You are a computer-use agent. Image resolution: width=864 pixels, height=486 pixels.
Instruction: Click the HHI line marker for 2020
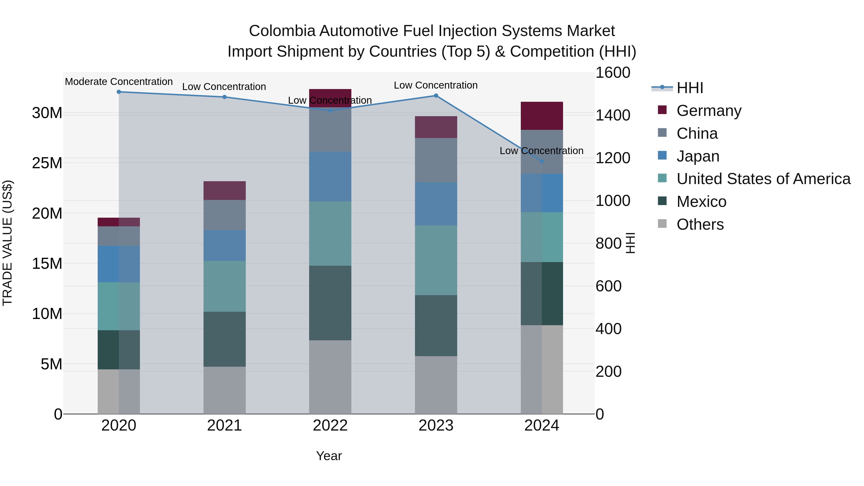[119, 92]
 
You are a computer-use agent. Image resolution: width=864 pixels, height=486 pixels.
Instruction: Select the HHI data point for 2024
[541, 161]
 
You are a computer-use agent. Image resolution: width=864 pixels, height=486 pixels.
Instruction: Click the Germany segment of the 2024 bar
[541, 116]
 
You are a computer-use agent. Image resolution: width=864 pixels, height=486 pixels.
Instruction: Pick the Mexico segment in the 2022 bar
[330, 303]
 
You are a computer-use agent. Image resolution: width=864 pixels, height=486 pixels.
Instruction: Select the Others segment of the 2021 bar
[224, 390]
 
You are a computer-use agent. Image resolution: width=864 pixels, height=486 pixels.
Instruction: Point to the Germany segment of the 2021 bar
[224, 191]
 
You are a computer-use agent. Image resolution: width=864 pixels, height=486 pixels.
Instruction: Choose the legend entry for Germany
[709, 111]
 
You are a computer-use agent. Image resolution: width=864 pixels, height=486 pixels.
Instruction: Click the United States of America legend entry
[763, 179]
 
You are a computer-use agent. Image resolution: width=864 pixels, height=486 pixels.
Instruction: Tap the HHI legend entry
[689, 88]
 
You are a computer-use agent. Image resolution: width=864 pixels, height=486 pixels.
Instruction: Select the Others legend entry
[700, 224]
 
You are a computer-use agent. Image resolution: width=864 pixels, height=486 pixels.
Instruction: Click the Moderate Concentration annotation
[119, 82]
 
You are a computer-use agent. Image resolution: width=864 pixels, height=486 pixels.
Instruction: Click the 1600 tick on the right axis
[612, 73]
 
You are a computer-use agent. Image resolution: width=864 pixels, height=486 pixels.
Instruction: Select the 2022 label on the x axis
[330, 426]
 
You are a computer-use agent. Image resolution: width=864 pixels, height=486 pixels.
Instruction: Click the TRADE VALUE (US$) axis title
[8, 243]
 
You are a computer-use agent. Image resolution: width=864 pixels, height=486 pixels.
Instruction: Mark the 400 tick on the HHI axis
[608, 329]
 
